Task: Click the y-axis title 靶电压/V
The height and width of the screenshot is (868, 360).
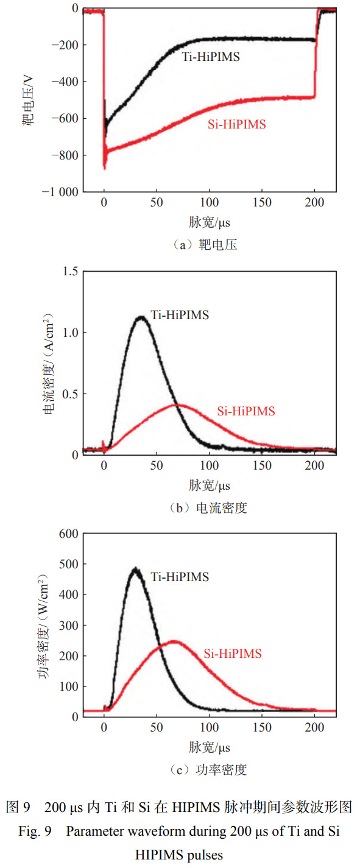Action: coord(28,100)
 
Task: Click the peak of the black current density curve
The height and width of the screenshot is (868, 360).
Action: coord(141,317)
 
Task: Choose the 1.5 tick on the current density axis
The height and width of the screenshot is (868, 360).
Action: coord(69,271)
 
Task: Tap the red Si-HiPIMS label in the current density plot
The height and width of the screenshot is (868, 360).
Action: coord(246,411)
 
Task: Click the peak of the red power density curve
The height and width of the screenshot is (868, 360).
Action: coord(174,641)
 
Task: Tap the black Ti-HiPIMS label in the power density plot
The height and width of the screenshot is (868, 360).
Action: coord(180,576)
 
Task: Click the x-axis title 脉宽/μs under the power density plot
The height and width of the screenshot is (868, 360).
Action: coord(209,747)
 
